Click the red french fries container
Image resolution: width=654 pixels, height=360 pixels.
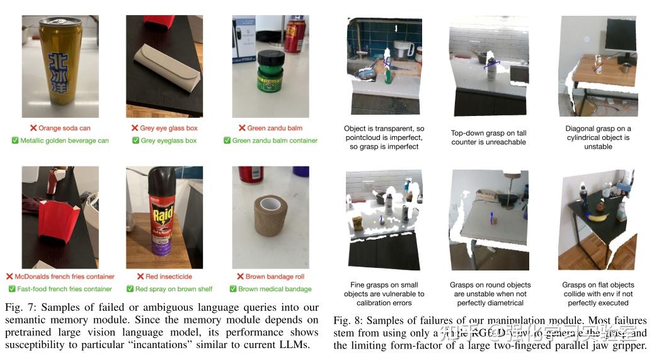pos(58,221)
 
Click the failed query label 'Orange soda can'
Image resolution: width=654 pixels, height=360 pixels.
pos(64,128)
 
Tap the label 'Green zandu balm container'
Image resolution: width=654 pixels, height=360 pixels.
pos(275,141)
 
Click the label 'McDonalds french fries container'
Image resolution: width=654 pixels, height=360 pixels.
pos(65,276)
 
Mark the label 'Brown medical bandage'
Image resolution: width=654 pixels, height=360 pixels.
pos(275,289)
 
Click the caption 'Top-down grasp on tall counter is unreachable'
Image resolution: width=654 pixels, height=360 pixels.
pos(488,137)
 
